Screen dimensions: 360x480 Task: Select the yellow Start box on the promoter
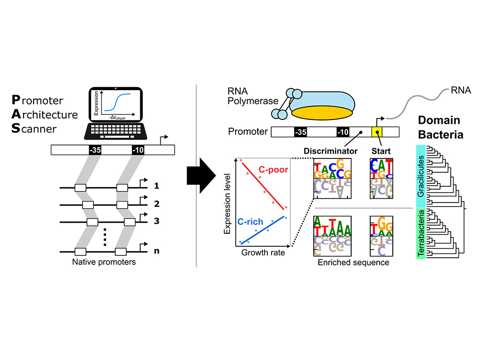pyautogui.click(x=377, y=132)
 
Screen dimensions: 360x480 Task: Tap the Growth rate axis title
pyautogui.click(x=264, y=252)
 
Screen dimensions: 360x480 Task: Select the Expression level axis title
pyautogui.click(x=228, y=203)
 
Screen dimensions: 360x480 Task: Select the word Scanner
pyautogui.click(x=33, y=129)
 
